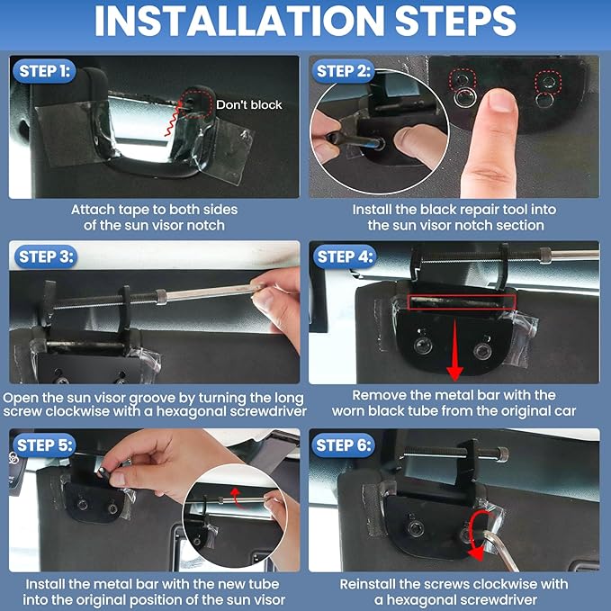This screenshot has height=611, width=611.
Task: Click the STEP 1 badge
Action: point(44,71)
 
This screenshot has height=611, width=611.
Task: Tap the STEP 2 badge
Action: point(343,71)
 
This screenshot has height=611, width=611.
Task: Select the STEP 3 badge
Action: point(46,256)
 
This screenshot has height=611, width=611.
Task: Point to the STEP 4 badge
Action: point(345,256)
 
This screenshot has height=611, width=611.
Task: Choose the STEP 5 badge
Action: point(44,445)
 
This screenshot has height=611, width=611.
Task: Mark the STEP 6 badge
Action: point(344,445)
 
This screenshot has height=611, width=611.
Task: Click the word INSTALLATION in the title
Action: point(239,21)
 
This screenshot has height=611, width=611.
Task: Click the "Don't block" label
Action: point(249,104)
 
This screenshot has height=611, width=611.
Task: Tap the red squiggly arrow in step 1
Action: point(172,119)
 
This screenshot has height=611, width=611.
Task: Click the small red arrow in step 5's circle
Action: point(236,498)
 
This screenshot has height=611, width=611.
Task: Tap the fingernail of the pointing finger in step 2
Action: point(500,100)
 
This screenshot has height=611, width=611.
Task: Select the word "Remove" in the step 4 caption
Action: point(378,395)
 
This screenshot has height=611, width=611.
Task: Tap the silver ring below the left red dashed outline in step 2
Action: point(464,97)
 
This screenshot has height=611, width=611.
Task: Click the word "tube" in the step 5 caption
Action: point(265,584)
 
